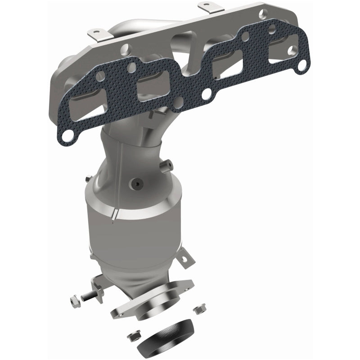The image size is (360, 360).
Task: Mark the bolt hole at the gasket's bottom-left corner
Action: coord(67,135)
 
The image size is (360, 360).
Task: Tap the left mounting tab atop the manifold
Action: coord(95,34)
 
